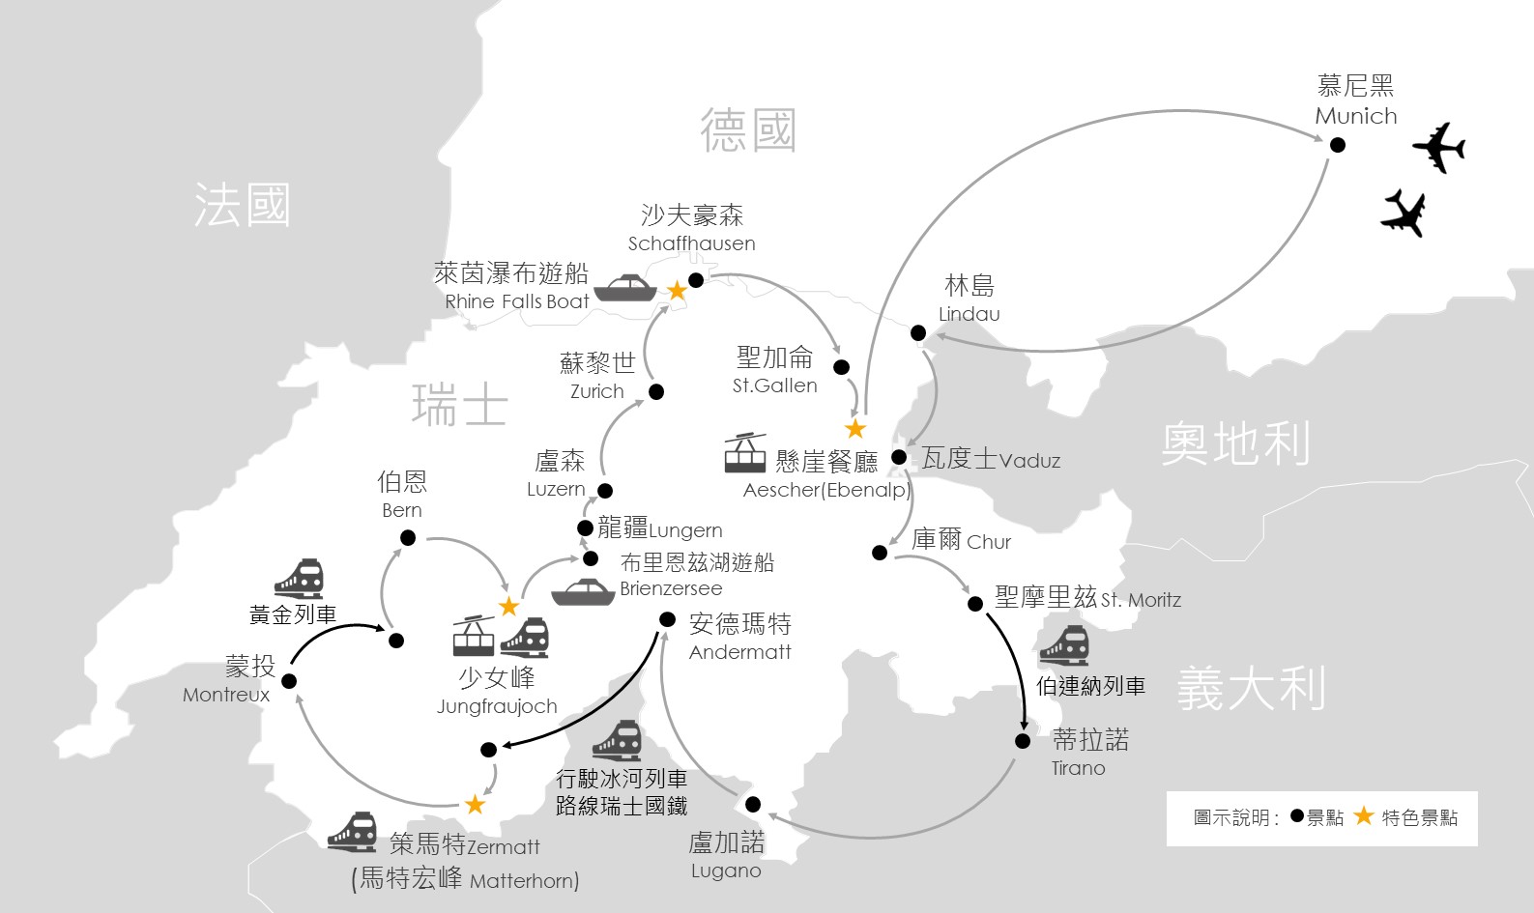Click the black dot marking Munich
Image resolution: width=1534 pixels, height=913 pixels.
pyautogui.click(x=1338, y=145)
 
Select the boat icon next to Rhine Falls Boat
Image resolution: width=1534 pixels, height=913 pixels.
pyautogui.click(x=625, y=288)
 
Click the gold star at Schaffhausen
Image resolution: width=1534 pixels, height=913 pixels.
pyautogui.click(x=677, y=291)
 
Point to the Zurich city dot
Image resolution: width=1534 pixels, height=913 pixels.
pyautogui.click(x=656, y=391)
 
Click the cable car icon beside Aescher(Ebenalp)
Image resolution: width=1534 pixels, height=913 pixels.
pyautogui.click(x=745, y=453)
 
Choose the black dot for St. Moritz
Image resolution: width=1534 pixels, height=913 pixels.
pyautogui.click(x=975, y=604)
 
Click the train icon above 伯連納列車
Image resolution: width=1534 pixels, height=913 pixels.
pyautogui.click(x=1063, y=646)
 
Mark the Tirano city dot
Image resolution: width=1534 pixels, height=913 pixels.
pyautogui.click(x=1023, y=741)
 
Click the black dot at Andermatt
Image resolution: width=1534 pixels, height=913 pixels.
pyautogui.click(x=667, y=619)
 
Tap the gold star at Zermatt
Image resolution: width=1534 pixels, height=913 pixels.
pyautogui.click(x=475, y=804)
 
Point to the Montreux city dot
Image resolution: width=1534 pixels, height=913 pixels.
pyautogui.click(x=288, y=680)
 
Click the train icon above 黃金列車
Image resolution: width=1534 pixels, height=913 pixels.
pyautogui.click(x=299, y=579)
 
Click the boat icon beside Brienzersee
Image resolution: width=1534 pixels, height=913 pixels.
pyautogui.click(x=583, y=592)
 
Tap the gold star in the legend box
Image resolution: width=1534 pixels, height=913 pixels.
pyautogui.click(x=1363, y=816)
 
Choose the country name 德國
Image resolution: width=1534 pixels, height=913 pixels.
pyautogui.click(x=748, y=130)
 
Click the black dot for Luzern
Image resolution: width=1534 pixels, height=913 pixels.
pyautogui.click(x=605, y=491)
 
